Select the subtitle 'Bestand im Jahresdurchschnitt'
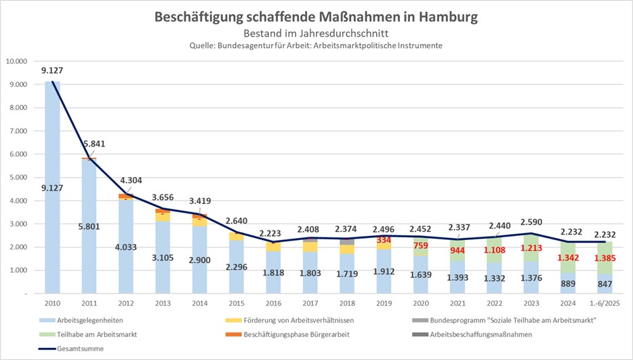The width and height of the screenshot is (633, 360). click(x=316, y=33)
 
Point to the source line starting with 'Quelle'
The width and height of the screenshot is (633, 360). click(x=316, y=45)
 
